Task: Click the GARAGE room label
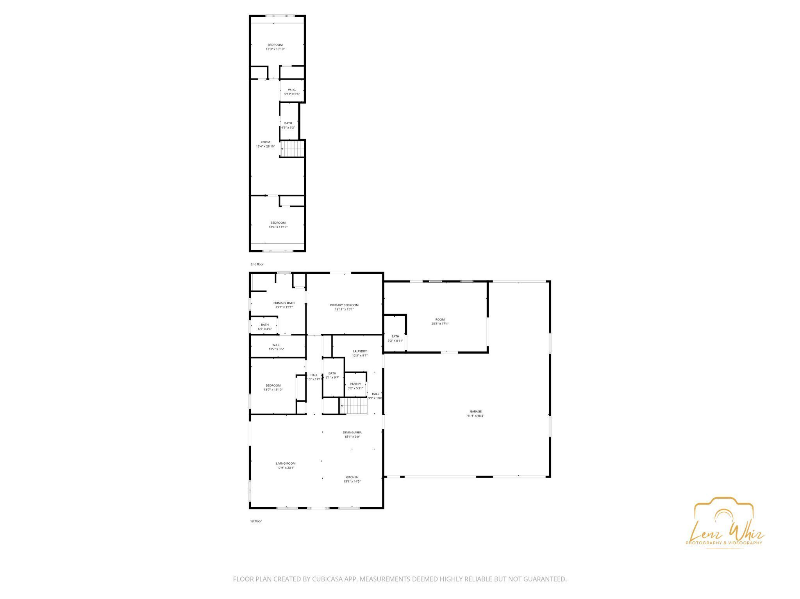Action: click(475, 411)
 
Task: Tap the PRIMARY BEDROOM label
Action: click(344, 305)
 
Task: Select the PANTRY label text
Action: click(355, 384)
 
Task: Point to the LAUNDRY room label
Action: click(359, 351)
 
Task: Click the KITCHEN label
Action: click(352, 477)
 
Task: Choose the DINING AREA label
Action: click(352, 432)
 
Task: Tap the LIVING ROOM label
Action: click(286, 464)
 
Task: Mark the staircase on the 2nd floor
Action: click(293, 148)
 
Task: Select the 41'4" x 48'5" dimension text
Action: click(475, 416)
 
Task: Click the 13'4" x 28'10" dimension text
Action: click(265, 146)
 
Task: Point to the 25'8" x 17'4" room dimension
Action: click(440, 324)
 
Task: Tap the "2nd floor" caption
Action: click(257, 264)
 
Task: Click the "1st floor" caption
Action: click(256, 521)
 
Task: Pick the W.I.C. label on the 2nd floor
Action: click(292, 90)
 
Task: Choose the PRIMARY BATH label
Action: click(284, 303)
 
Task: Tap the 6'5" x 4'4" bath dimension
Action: click(264, 329)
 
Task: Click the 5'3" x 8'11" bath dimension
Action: click(395, 341)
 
